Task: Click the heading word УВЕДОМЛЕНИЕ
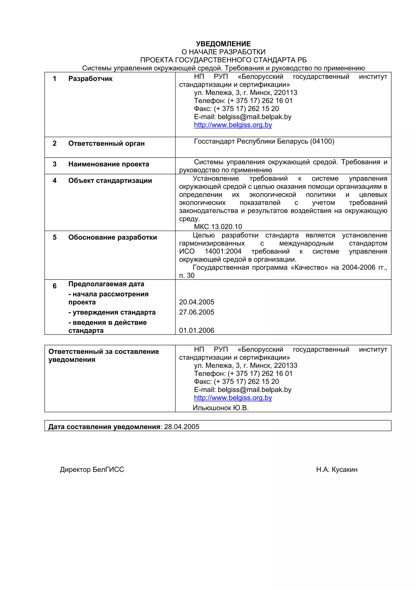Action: click(223, 44)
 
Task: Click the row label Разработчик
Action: click(90, 79)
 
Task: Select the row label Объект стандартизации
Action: click(110, 180)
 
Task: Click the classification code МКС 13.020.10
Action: click(218, 227)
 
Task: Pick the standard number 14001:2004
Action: click(223, 251)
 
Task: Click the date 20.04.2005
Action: click(196, 302)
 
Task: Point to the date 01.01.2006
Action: click(196, 330)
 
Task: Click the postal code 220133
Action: click(285, 365)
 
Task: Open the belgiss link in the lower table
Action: click(233, 398)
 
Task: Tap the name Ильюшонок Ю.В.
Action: click(221, 408)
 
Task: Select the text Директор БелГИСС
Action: click(92, 469)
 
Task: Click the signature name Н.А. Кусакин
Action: click(337, 469)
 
